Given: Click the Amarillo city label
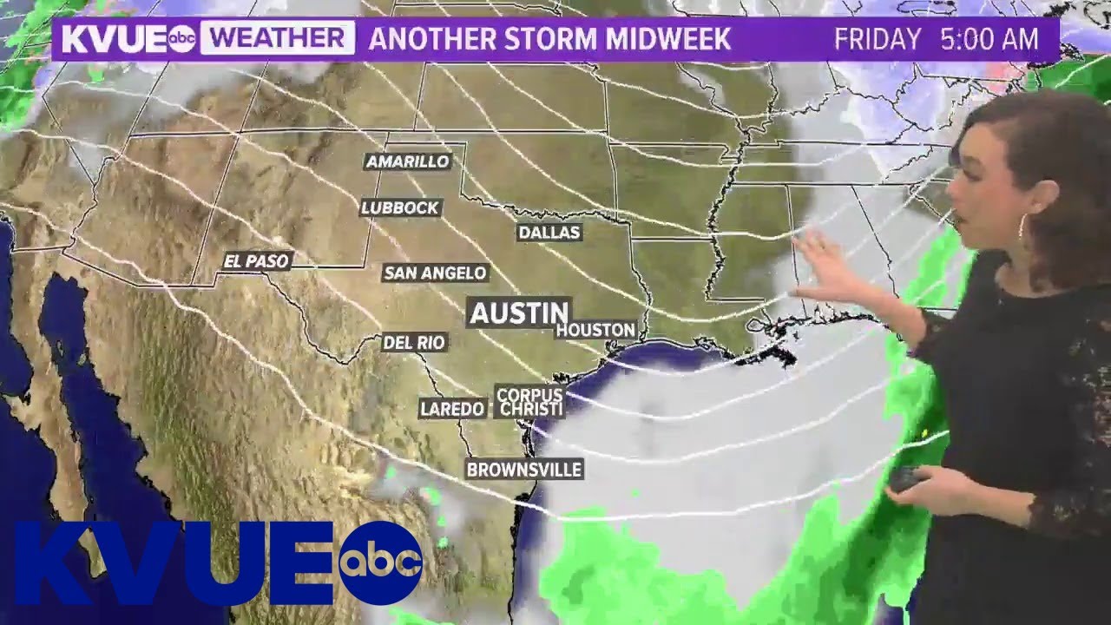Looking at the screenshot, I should tap(408, 161).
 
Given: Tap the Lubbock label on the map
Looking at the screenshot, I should tap(401, 207).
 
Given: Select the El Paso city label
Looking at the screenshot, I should tap(256, 260).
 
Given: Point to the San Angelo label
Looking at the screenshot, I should tap(435, 273).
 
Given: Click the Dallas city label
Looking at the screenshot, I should tap(549, 233).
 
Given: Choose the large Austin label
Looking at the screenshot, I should tap(519, 312).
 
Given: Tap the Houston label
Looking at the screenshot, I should tap(595, 330).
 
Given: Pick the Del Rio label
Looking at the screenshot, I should tap(414, 343).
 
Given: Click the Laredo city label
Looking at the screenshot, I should tap(451, 408).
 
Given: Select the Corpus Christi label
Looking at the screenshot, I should tap(529, 402).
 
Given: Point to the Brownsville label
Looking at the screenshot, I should tap(523, 470).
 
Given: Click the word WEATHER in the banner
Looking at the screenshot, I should tap(277, 39).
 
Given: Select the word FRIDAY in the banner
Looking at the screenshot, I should tap(877, 39).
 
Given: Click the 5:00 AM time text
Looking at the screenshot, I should tap(989, 39).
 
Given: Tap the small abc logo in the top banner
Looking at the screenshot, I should tap(181, 40).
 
